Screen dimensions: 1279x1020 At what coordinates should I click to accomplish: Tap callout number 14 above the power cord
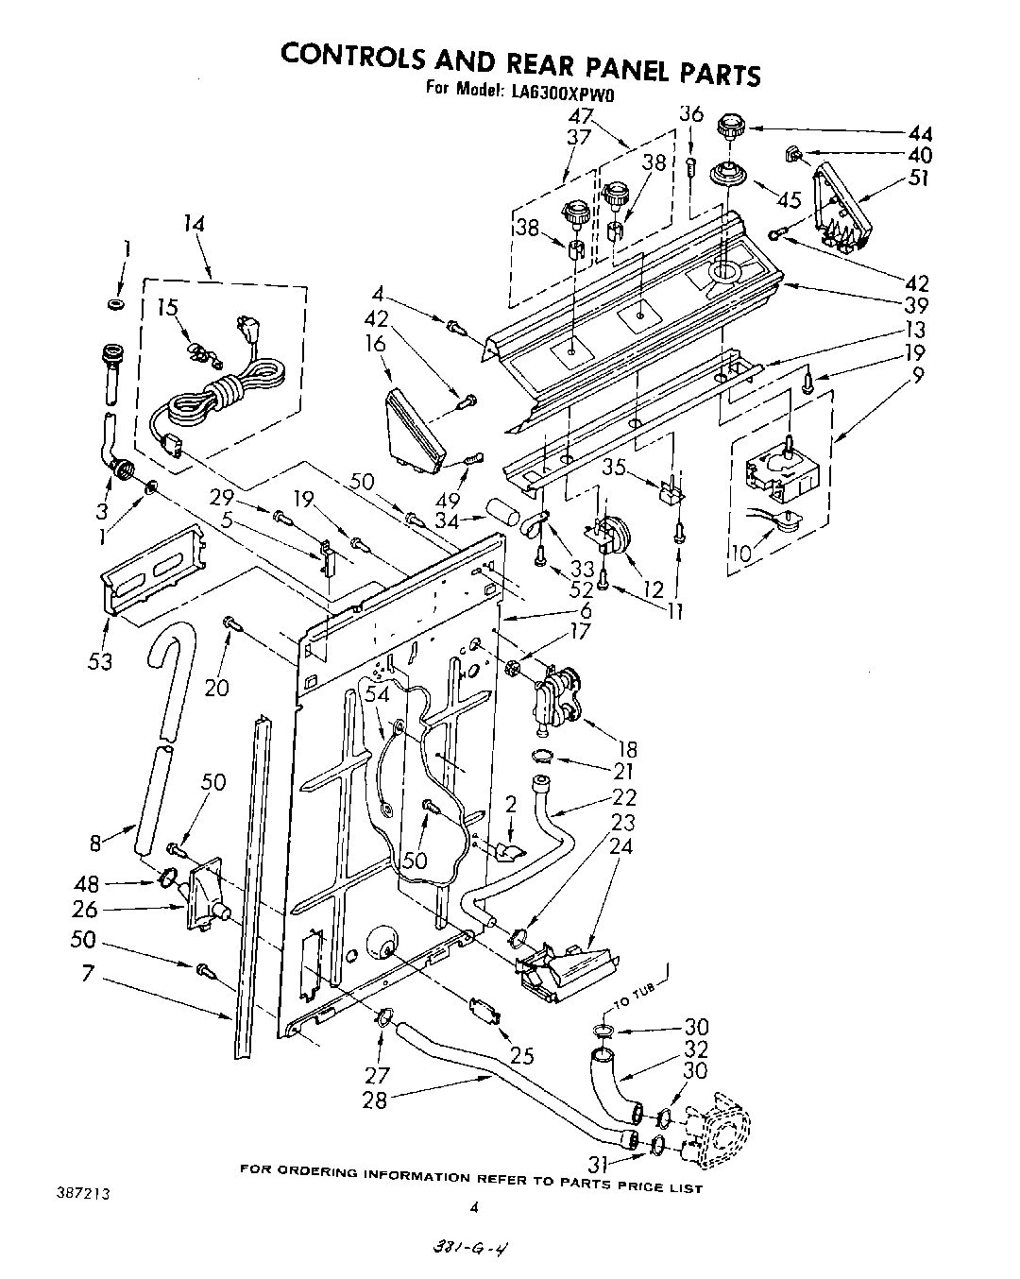click(x=195, y=225)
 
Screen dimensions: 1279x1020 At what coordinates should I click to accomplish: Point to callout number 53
click(x=99, y=661)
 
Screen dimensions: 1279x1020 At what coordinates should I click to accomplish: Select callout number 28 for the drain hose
click(x=375, y=1100)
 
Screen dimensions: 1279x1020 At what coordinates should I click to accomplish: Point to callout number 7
click(x=87, y=972)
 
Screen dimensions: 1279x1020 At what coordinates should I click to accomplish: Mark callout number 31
click(x=597, y=1165)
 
